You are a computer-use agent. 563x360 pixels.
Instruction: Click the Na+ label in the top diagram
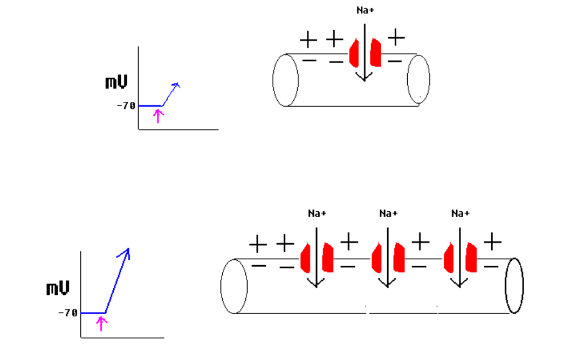pos(365,10)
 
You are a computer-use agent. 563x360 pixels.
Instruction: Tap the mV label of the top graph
pos(116,82)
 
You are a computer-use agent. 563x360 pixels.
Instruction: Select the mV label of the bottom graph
pos(58,289)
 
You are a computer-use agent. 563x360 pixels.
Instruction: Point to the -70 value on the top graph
pos(126,106)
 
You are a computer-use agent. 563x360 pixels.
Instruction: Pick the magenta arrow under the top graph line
pos(157,115)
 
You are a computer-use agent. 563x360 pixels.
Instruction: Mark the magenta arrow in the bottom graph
pos(101,323)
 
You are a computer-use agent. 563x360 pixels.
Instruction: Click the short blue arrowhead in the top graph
pos(175,85)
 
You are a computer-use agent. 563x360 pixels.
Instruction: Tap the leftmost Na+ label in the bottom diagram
pos(317,213)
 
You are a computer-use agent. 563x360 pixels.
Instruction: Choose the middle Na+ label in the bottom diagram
pos(388,213)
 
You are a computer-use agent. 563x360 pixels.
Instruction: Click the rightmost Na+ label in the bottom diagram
pos(460,213)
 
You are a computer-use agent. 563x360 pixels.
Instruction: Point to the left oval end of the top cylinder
pos(285,80)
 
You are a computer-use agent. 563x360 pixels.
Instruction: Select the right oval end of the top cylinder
pos(418,79)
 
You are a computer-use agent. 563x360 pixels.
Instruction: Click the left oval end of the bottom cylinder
pos(234,286)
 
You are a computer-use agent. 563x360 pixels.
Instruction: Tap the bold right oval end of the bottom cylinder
pos(514,286)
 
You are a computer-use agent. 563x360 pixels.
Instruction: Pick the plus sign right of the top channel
pos(396,38)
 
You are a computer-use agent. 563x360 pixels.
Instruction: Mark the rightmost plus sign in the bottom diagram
pos(492,243)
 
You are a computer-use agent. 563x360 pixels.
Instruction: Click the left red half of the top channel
pos(354,53)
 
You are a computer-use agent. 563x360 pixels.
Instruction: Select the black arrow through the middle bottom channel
pos(388,256)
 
